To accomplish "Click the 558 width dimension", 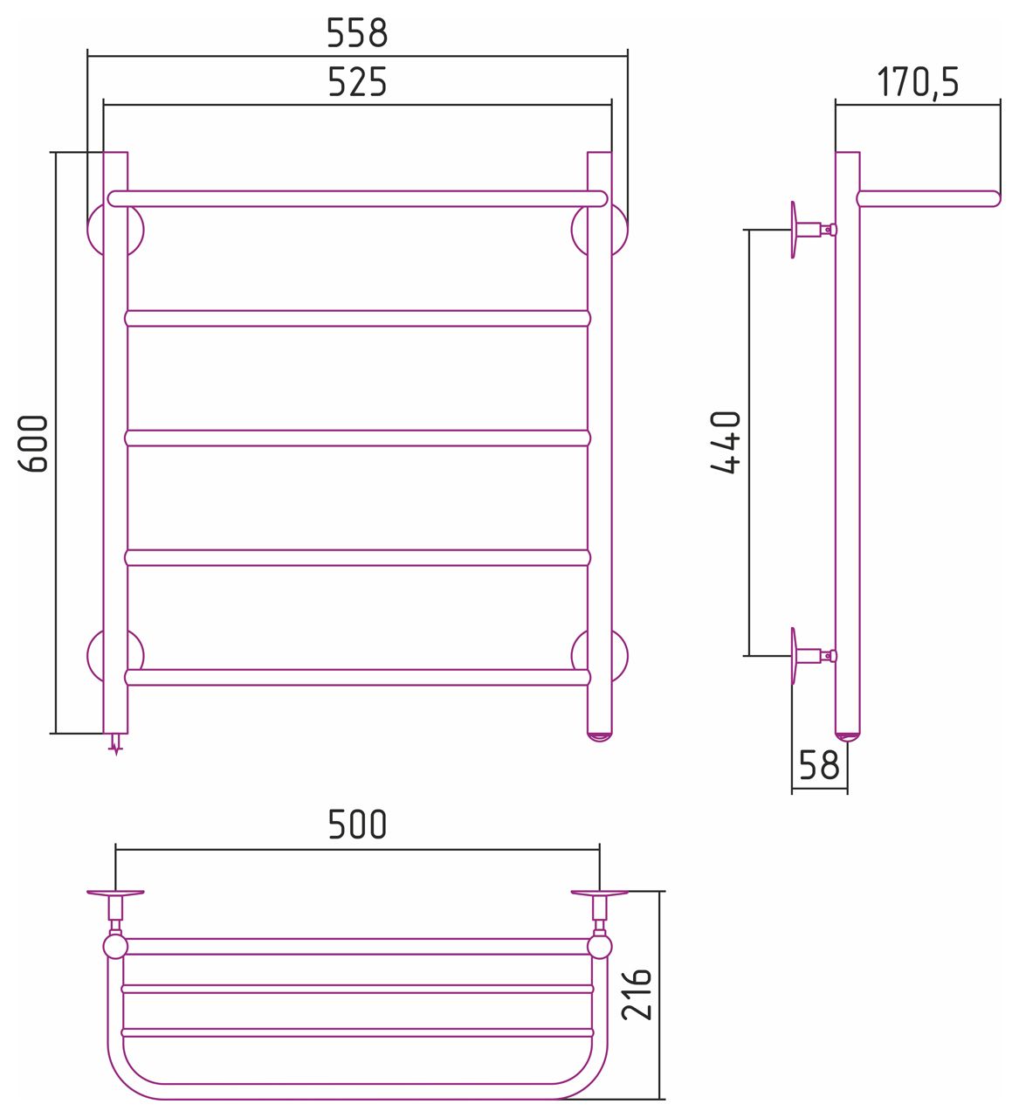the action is click(x=356, y=33).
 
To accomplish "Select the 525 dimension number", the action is click(x=356, y=82).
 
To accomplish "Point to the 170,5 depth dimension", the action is click(x=918, y=82).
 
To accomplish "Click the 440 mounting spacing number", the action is click(x=726, y=442).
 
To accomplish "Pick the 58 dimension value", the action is click(x=819, y=764).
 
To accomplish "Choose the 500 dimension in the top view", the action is click(x=356, y=825).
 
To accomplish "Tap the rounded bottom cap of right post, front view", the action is click(x=600, y=737).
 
